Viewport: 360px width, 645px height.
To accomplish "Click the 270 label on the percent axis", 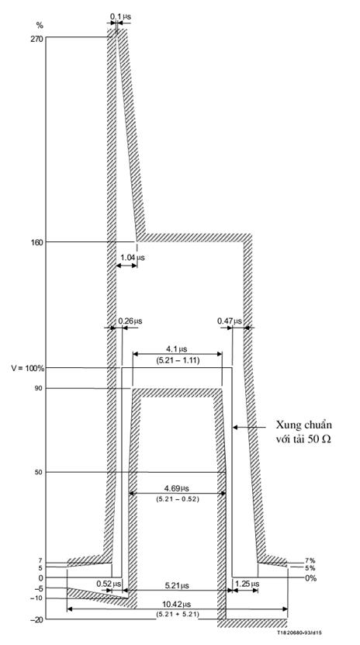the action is point(36,37).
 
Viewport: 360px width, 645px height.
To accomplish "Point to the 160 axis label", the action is point(36,241).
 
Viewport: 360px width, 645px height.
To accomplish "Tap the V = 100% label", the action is point(28,368).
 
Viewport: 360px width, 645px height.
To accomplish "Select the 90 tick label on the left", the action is point(40,388).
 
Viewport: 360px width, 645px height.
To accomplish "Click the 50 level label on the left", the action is point(40,472).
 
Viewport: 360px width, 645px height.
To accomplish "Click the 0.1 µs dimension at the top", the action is point(120,17).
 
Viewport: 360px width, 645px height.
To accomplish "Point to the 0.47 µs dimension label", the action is point(230,321).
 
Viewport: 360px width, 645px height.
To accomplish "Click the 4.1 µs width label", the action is point(176,349).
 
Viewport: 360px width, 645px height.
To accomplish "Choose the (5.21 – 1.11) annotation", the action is point(177,360).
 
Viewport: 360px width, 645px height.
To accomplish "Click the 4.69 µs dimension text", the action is point(177,488).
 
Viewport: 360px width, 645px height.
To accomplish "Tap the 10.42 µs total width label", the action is point(177,604).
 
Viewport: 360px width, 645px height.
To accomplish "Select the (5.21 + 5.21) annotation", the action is point(177,614).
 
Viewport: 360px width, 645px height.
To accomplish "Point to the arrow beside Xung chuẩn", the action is point(249,428).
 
